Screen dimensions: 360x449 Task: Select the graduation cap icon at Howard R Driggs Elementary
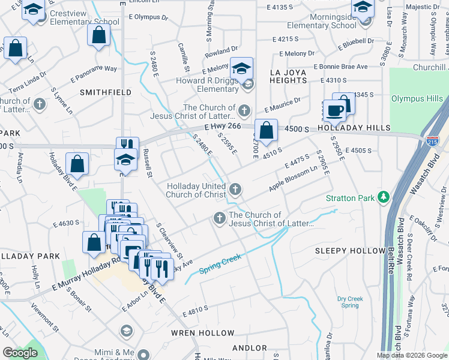tap(242, 69)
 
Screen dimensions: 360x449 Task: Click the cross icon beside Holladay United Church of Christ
tap(235, 190)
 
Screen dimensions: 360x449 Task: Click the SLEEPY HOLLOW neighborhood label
tap(351, 250)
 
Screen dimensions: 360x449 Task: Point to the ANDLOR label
tap(249, 348)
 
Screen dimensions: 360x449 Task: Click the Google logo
tap(20, 353)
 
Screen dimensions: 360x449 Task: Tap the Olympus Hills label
tap(417, 99)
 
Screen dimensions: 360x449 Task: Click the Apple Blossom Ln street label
tap(293, 179)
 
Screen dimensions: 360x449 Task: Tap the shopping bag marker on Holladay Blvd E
tap(77, 163)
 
